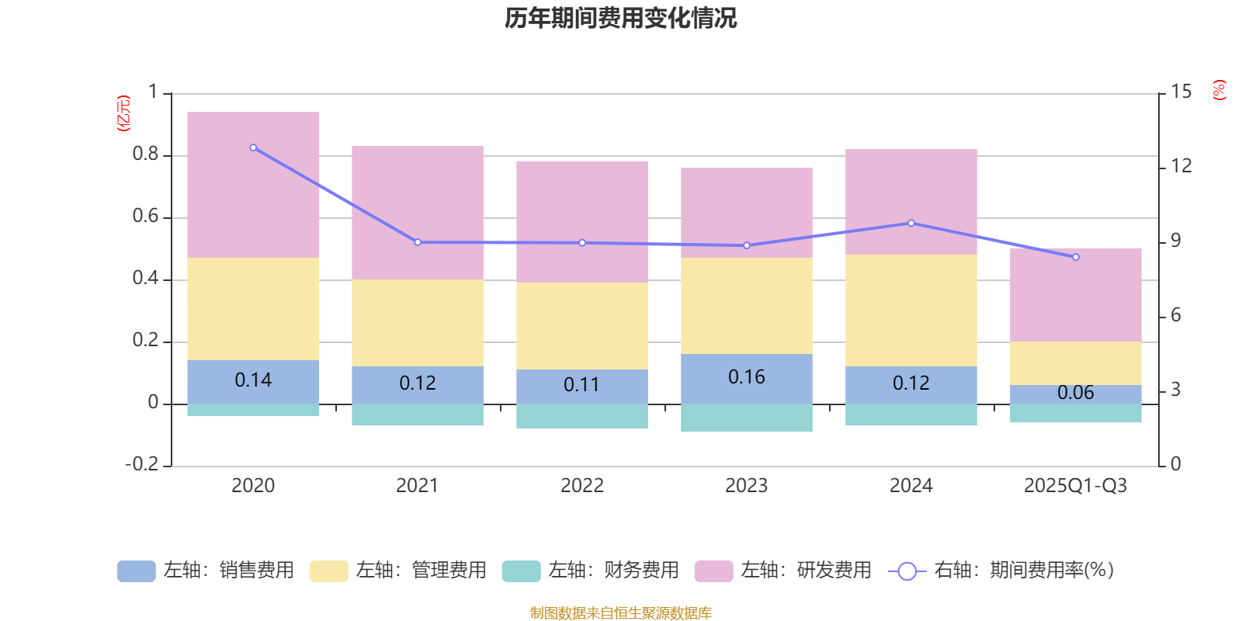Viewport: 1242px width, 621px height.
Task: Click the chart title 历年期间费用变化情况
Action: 620,18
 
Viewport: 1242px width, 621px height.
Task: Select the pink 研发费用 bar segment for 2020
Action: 253,185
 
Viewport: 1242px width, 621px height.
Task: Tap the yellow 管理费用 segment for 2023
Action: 746,306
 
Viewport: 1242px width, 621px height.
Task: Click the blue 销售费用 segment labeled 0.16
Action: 746,378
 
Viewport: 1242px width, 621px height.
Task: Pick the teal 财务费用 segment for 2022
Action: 581,416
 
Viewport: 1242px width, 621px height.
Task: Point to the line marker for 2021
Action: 418,242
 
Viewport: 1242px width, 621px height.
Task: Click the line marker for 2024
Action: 911,223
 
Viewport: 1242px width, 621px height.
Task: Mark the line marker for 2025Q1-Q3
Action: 1075,257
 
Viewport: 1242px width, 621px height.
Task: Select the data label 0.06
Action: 1075,393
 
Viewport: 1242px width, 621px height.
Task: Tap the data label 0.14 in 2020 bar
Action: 253,380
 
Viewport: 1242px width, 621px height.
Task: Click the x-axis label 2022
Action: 581,486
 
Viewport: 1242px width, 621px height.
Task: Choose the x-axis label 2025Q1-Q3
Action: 1075,486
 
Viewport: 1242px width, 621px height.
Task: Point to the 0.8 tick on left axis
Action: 145,154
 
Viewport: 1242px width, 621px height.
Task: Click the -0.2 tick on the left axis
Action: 141,464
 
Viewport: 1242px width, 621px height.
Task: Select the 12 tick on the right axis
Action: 1181,165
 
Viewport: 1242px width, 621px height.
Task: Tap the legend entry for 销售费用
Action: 206,571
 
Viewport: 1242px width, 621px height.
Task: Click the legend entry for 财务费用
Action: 591,571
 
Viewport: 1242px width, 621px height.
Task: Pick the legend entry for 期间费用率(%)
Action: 1001,571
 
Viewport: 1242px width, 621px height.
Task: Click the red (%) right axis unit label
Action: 1219,90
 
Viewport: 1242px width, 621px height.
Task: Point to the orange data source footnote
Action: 620,613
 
